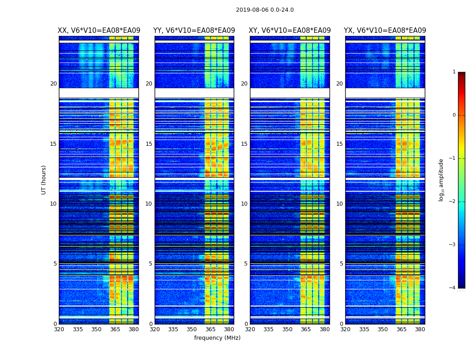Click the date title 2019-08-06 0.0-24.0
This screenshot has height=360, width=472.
click(x=265, y=10)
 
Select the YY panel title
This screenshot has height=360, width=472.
click(x=194, y=31)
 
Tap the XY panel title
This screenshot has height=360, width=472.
click(x=290, y=31)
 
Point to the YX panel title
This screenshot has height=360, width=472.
click(x=385, y=31)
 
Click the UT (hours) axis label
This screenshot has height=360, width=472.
click(x=44, y=180)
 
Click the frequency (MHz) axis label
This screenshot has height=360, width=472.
click(x=217, y=338)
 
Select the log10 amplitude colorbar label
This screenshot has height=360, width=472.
click(x=441, y=180)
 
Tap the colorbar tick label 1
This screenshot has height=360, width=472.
click(x=454, y=72)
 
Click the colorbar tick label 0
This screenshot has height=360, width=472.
click(x=454, y=115)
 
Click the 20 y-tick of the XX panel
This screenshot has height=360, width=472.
click(x=53, y=84)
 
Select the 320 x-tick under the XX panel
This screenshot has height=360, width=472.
click(x=59, y=329)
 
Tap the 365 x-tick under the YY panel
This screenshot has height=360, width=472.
click(x=210, y=329)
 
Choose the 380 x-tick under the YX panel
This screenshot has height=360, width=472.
click(x=420, y=329)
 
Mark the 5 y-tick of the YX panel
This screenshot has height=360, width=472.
click(x=341, y=264)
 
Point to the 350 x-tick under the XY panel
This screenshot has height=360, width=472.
click(x=287, y=329)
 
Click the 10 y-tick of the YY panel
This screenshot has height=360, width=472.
click(x=149, y=204)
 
